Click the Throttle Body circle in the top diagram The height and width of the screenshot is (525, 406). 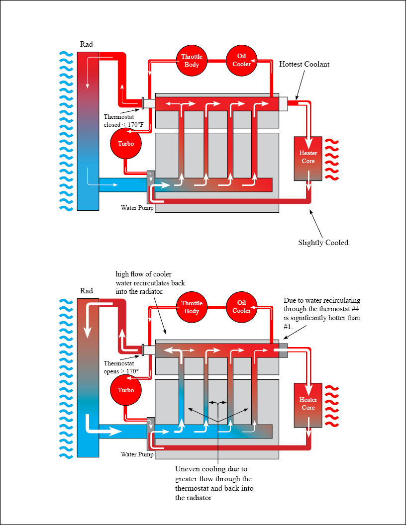pyautogui.click(x=192, y=61)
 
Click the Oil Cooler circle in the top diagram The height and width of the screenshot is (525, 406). pyautogui.click(x=241, y=60)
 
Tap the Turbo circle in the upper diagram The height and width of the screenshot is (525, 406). pyautogui.click(x=125, y=143)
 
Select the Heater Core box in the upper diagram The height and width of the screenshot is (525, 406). pyautogui.click(x=308, y=158)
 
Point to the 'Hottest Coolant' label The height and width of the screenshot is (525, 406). pyautogui.click(x=304, y=64)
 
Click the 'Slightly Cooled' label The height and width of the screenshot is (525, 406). pyautogui.click(x=323, y=243)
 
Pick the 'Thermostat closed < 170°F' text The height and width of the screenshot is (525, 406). pyautogui.click(x=123, y=121)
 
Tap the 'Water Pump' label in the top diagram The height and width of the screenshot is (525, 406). pyautogui.click(x=137, y=207)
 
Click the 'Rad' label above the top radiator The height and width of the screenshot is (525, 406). pyautogui.click(x=86, y=44)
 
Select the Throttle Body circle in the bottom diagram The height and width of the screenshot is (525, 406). pyautogui.click(x=192, y=307)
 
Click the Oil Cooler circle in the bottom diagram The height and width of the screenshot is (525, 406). pyautogui.click(x=241, y=307)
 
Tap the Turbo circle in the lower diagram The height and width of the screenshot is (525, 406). pyautogui.click(x=125, y=390)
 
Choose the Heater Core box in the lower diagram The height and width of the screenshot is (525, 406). pyautogui.click(x=308, y=404)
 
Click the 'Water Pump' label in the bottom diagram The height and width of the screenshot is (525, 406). pyautogui.click(x=137, y=454)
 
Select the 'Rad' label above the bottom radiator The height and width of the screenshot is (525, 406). pyautogui.click(x=86, y=291)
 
